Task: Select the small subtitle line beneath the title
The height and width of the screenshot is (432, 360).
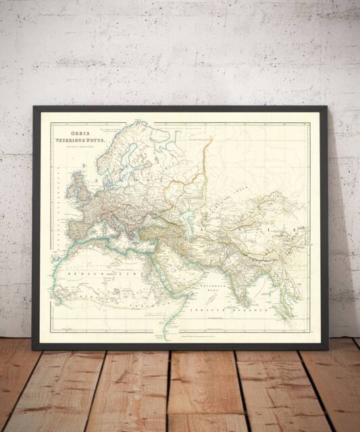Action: pos(80,148)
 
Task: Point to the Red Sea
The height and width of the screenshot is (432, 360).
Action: pos(165,273)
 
